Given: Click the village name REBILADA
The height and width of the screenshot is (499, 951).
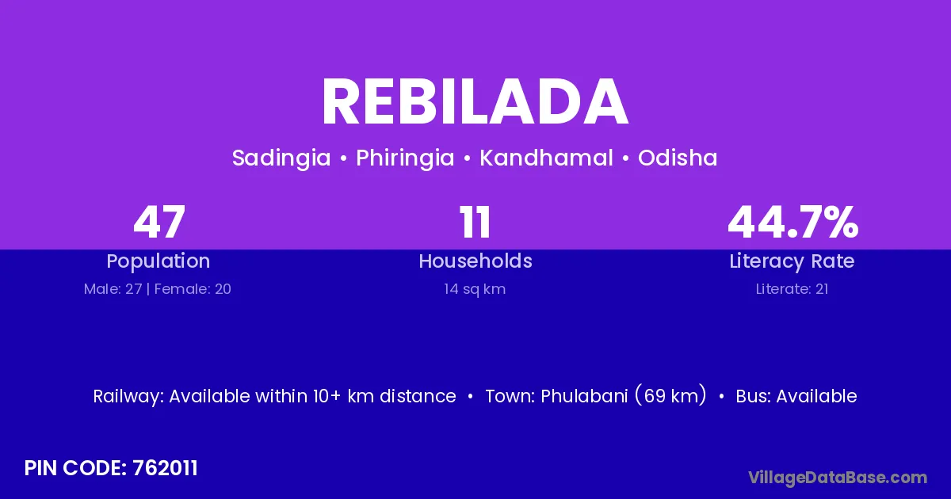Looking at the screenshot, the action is point(475,102).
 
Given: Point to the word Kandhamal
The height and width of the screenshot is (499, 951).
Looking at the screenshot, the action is point(546,158).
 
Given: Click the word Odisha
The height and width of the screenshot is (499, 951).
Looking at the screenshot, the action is point(678,158).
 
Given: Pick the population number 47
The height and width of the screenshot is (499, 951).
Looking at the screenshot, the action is point(159,223).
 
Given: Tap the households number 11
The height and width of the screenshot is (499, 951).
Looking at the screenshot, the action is point(475,223).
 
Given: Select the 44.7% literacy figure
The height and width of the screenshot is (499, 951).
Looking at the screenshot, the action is point(792,223).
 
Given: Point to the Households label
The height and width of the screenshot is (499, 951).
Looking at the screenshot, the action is point(475,261).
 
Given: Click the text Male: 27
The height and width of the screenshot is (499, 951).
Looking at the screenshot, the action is point(113,289).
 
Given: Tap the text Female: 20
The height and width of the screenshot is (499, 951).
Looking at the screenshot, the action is point(193,289).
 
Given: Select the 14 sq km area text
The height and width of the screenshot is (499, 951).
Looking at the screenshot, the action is point(475,290).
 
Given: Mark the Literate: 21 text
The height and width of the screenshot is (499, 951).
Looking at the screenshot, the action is point(792,289).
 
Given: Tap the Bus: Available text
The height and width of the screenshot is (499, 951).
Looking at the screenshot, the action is point(796,396).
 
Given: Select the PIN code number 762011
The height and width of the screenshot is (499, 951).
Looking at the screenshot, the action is point(165,468).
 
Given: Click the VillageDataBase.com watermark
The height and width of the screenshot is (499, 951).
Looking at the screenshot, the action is point(838,478).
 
